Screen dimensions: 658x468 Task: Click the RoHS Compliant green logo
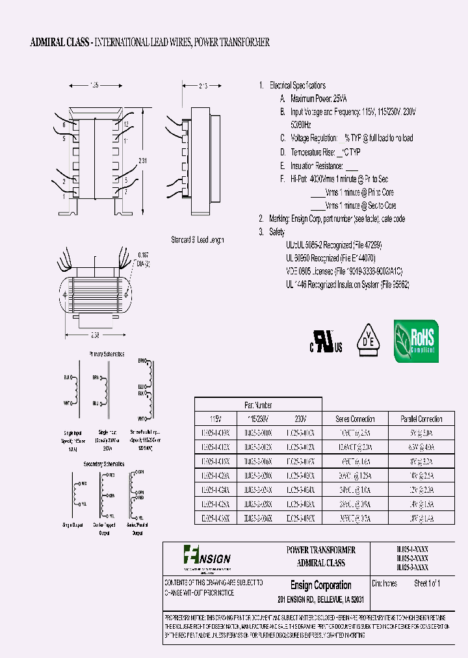415,341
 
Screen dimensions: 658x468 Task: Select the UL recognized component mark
325,341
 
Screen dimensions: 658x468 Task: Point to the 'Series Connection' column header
355,419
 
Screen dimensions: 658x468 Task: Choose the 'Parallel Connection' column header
420,419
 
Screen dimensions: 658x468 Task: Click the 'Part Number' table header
258,405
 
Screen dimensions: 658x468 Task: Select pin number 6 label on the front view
64,124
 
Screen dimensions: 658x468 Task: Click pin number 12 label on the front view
125,124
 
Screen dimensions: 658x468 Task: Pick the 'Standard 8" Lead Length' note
197,240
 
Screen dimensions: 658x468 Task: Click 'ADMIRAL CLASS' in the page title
60,42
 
